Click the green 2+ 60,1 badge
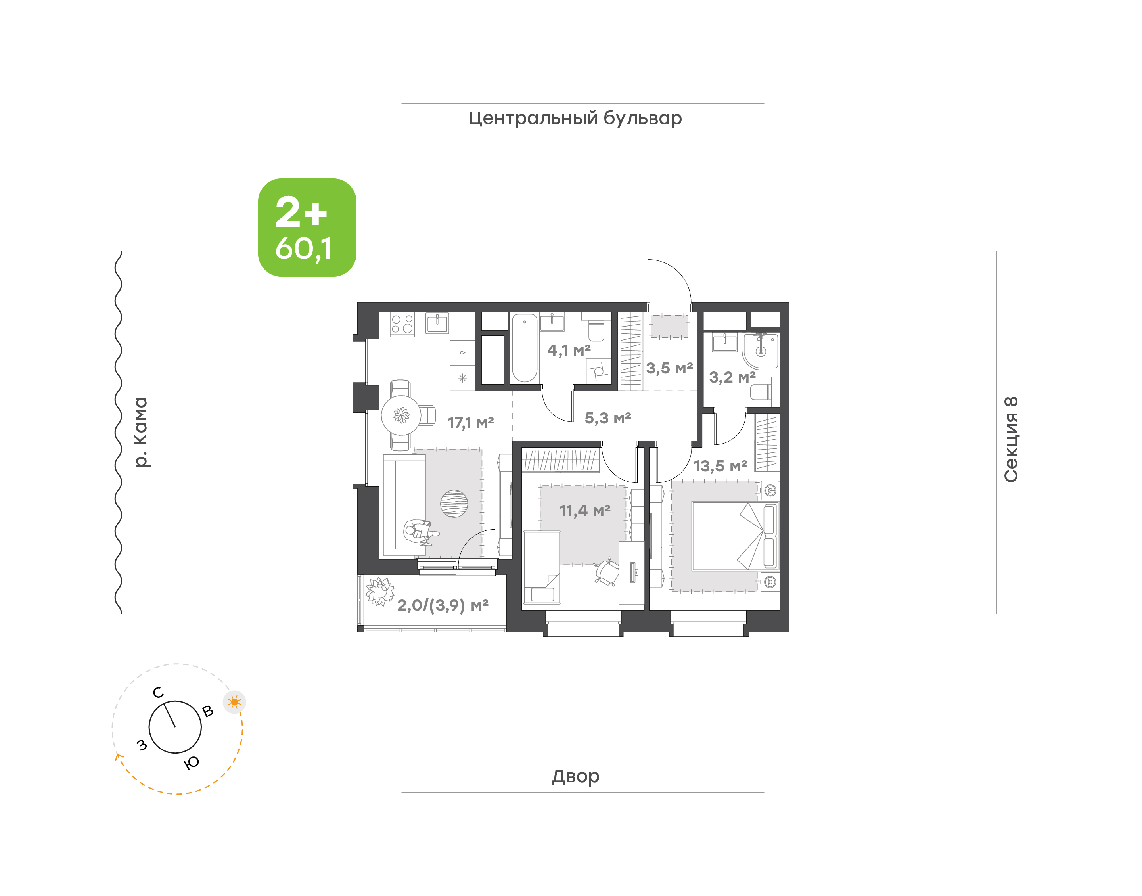[x=307, y=227]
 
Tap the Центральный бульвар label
[x=575, y=118]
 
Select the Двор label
[x=575, y=776]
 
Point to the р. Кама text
[x=141, y=432]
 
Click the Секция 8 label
[x=1011, y=439]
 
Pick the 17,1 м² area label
[x=471, y=423]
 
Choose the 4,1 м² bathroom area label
[x=569, y=350]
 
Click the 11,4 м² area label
[x=585, y=510]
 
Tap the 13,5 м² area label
[x=720, y=466]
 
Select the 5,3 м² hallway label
[x=608, y=418]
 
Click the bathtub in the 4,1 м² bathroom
[x=525, y=348]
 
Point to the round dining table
[x=401, y=415]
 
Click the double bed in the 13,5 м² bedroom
[x=735, y=536]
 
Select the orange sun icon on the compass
[x=234, y=702]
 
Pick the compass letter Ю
[x=192, y=763]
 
